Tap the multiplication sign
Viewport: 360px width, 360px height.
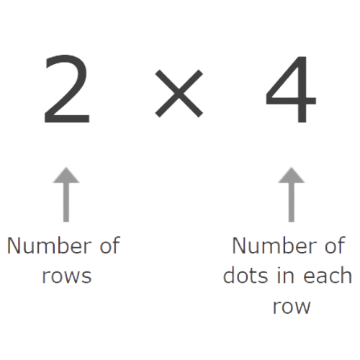coord(179,94)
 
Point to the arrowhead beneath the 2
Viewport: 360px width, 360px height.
coord(66,176)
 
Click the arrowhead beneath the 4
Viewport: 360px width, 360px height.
coord(292,176)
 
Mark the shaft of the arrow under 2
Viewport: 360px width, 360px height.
coord(66,202)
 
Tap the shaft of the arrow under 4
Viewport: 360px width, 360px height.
coord(292,202)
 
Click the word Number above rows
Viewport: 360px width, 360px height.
coord(50,246)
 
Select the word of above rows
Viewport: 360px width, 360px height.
coord(110,245)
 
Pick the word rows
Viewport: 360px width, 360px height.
coord(67,276)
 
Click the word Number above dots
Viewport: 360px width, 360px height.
coord(274,246)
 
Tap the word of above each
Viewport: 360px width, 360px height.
coord(335,245)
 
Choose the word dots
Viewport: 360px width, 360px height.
coord(246,275)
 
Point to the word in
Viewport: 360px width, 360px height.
coord(286,276)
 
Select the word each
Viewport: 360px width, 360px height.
coord(328,275)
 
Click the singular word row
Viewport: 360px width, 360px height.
coord(292,307)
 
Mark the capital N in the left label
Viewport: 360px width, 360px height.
coord(14,246)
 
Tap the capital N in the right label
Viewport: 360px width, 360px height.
coord(239,246)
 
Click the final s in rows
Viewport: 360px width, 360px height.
coord(86,276)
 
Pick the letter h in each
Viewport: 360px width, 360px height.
coord(346,275)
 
